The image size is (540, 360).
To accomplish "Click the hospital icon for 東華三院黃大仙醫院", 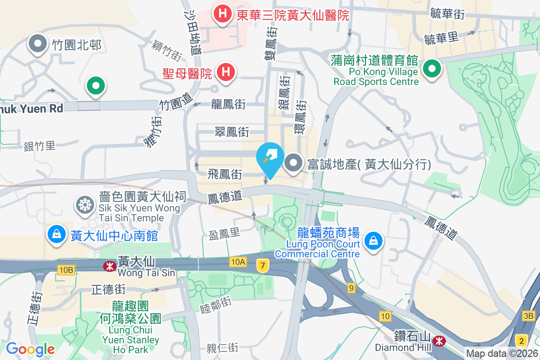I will [x=222, y=14].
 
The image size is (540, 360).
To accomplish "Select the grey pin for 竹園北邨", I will [x=38, y=44].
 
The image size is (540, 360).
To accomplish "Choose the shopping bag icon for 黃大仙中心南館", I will [x=57, y=234].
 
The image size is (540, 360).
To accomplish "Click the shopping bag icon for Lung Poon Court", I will [x=373, y=240].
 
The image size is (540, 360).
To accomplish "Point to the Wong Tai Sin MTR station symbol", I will [x=109, y=266].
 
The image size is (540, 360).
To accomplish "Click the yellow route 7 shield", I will [x=262, y=265].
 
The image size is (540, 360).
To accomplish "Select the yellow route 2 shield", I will [x=522, y=340].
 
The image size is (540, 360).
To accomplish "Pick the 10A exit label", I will [x=238, y=261].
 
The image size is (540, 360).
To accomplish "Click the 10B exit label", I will [x=65, y=270].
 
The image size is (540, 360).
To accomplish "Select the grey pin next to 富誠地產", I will [x=294, y=164].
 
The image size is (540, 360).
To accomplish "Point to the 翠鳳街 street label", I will [x=232, y=132].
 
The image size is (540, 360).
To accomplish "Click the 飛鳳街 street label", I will [x=225, y=174].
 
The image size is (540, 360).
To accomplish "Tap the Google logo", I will [x=30, y=349].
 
